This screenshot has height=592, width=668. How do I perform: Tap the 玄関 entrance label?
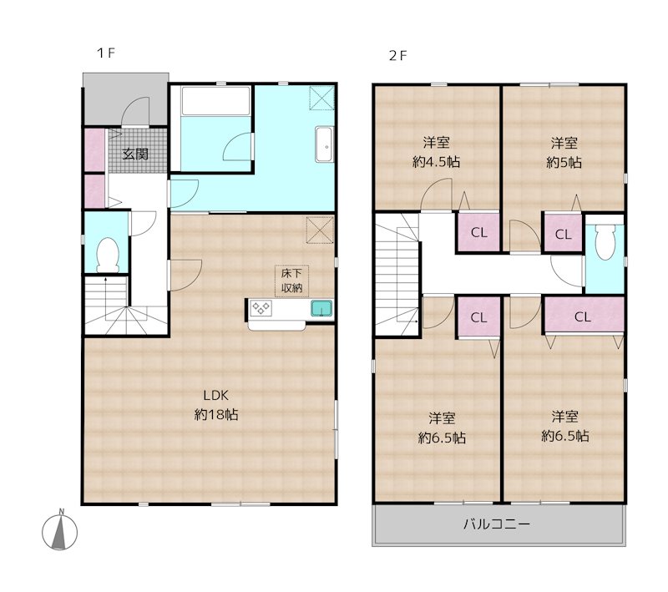[x=136, y=154]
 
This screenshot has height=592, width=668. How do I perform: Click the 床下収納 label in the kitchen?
[x=291, y=280]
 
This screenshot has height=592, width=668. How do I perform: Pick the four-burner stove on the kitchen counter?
[x=263, y=309]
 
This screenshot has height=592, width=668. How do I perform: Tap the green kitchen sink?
[x=321, y=309]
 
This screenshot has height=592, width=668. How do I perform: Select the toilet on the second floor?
[x=605, y=243]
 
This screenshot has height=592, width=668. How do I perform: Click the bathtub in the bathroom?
[x=215, y=104]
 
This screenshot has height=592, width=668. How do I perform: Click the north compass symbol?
[x=60, y=531]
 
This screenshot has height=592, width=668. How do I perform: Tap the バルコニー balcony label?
[x=497, y=525]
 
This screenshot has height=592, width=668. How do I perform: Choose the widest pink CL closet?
[x=583, y=316]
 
